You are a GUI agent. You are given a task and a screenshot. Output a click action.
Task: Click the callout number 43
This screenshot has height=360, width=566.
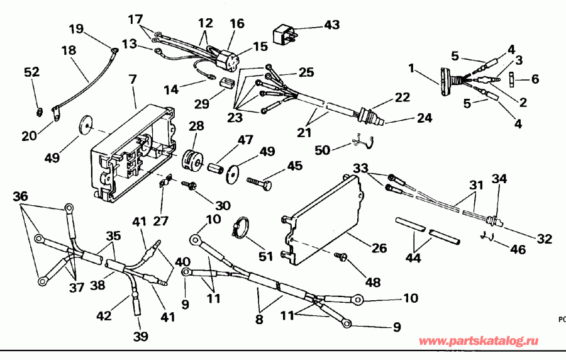coord(331,25)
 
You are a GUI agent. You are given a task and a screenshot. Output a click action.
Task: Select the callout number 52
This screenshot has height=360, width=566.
coord(31,73)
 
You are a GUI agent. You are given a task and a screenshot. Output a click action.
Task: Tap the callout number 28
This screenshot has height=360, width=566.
coord(196,127)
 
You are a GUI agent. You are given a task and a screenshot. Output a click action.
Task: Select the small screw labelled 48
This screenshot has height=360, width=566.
coord(343,257)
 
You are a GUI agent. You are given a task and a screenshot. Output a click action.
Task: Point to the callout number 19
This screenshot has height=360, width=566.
coord(76,28)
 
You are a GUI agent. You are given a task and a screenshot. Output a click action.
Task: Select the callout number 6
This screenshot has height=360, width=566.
coord(535,79)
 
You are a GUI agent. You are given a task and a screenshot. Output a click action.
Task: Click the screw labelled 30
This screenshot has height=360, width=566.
coord(188,185)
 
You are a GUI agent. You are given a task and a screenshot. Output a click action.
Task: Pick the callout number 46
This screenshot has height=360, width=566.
coord(518,250)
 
